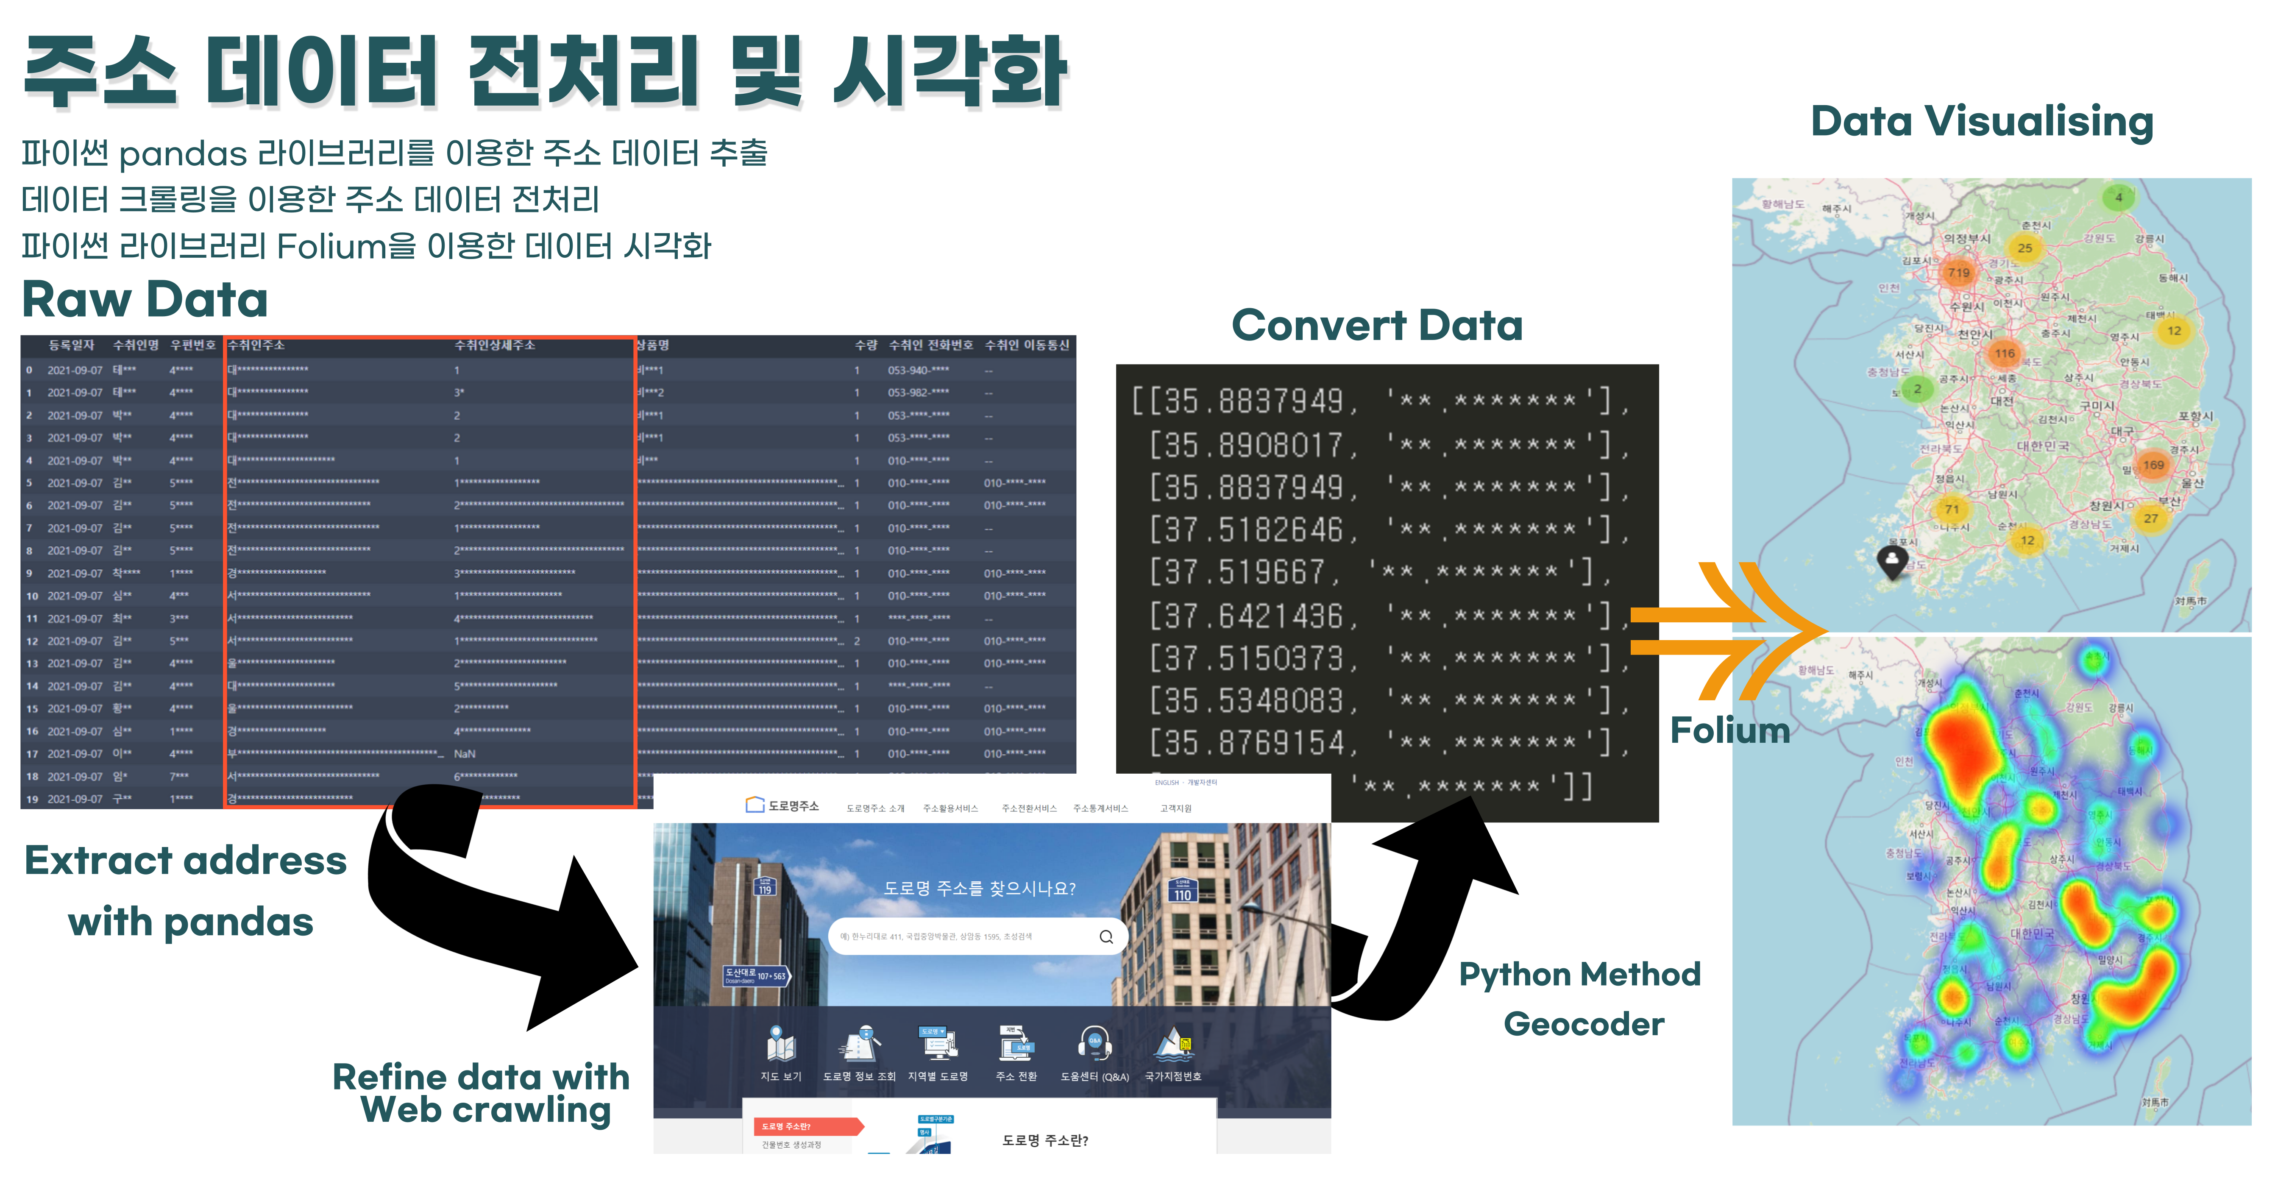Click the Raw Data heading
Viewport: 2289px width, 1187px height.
point(145,299)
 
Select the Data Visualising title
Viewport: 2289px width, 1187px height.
point(1982,122)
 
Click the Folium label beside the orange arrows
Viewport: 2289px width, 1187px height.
point(1729,730)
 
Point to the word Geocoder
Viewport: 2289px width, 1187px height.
point(1584,1024)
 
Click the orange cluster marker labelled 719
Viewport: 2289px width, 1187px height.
point(1958,273)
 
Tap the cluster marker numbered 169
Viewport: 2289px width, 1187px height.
point(2153,465)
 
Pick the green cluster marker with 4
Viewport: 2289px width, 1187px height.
point(2119,197)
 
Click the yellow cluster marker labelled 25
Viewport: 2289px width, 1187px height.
point(2024,248)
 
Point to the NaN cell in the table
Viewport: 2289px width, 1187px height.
point(465,753)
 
